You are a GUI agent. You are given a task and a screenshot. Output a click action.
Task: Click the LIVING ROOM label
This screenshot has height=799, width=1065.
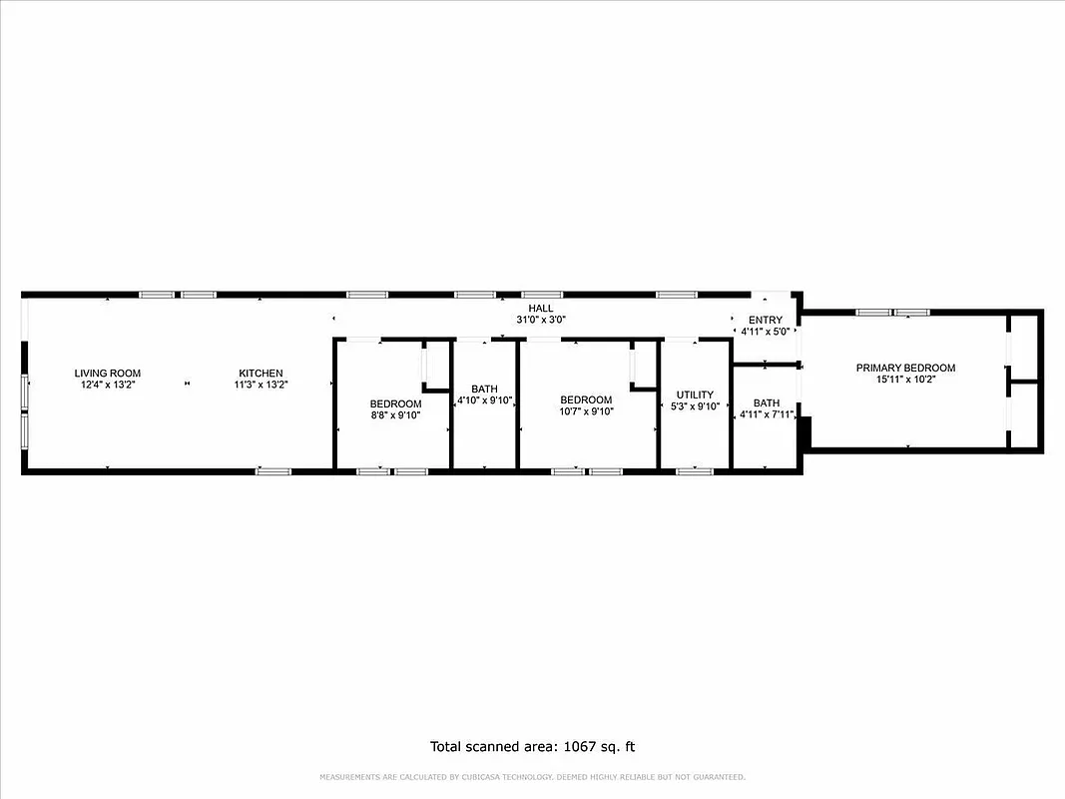click(108, 374)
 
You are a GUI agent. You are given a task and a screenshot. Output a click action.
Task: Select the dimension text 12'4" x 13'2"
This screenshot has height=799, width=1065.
click(108, 385)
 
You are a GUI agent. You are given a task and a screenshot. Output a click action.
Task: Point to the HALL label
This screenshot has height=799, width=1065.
click(541, 309)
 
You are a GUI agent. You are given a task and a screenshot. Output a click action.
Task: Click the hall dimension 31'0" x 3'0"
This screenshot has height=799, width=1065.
click(541, 321)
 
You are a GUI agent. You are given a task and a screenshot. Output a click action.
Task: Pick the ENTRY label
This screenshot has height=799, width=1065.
click(766, 320)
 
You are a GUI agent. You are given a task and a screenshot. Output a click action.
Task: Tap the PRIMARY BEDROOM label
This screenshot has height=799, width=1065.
click(905, 368)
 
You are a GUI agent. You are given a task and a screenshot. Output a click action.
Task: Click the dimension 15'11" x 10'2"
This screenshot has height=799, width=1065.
click(905, 380)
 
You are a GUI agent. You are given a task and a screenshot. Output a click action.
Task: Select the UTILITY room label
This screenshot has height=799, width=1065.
click(695, 395)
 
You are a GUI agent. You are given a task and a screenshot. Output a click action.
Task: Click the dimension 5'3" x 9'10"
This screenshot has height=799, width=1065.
click(695, 406)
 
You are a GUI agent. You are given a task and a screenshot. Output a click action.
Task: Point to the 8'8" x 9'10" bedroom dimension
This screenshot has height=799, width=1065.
click(395, 415)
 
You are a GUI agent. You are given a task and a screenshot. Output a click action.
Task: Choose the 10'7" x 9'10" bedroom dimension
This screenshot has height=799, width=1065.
click(586, 411)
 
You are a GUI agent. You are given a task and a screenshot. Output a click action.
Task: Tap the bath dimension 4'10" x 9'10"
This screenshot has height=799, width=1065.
click(485, 400)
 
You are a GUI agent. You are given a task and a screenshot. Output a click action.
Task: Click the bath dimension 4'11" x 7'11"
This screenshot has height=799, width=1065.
click(767, 415)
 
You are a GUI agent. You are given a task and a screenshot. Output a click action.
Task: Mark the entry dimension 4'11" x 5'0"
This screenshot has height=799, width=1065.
click(766, 331)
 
